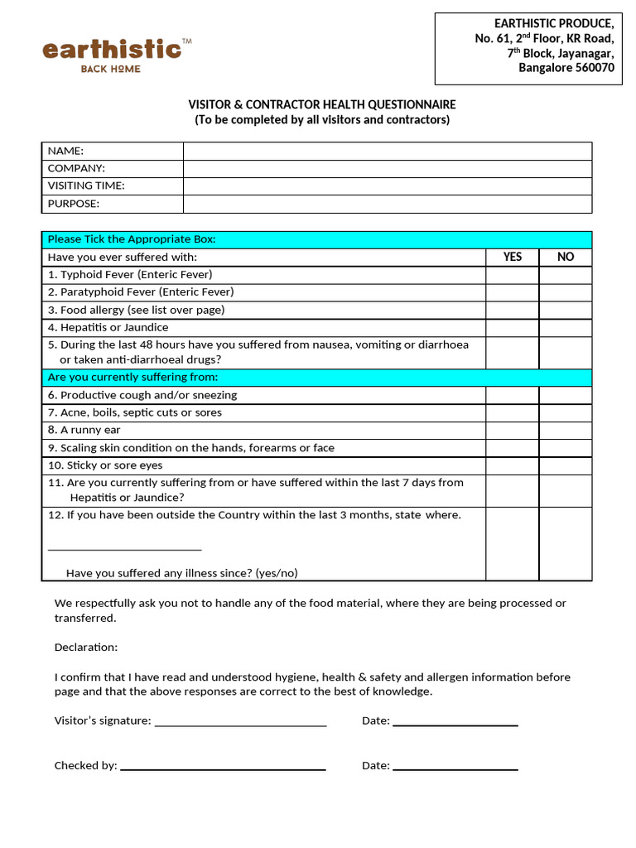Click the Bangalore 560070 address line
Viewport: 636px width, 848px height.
566,68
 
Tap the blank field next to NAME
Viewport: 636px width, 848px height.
387,151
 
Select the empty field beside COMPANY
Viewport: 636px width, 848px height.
387,168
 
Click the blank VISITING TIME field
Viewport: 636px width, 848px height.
387,186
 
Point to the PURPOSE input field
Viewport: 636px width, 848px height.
387,204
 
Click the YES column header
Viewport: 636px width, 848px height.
512,257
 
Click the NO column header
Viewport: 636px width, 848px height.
566,257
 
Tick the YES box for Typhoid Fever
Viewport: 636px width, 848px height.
512,274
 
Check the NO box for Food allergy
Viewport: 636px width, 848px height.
566,310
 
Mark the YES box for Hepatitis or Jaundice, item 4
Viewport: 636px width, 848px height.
512,327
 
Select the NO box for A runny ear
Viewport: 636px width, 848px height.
566,430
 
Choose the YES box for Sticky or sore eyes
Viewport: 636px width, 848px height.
512,465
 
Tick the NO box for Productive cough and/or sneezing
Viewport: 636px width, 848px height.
566,395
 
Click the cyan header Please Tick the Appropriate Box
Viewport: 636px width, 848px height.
316,239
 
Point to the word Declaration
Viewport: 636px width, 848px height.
86,647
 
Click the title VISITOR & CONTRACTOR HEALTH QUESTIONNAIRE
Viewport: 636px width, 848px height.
322,105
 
